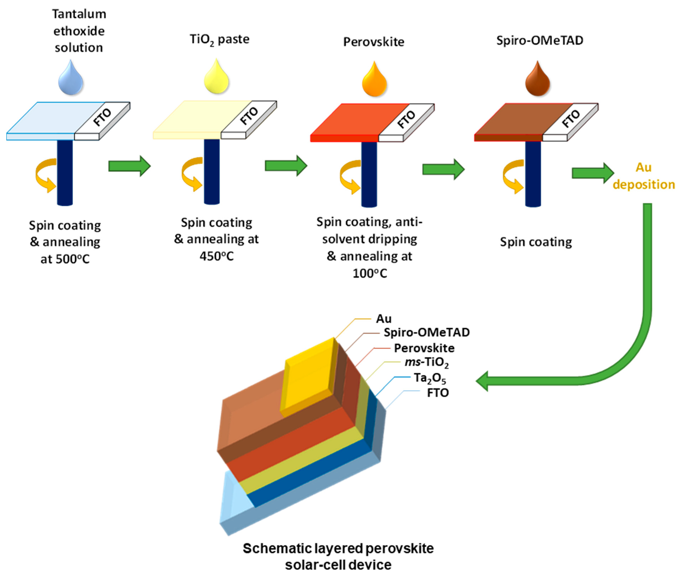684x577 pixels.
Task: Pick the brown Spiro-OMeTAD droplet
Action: coord(538,81)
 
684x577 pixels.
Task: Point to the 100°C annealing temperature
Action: coord(370,273)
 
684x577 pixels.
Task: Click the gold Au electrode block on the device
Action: coord(308,376)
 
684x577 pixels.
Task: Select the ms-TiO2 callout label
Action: coord(426,362)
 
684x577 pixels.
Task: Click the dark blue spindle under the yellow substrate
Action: coord(212,172)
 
